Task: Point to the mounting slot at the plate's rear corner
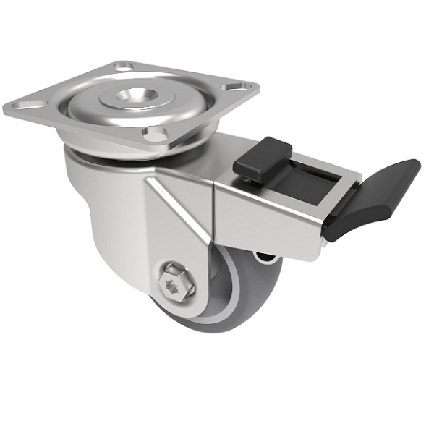point(124,66)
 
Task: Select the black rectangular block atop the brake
point(263,155)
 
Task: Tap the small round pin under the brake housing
point(262,256)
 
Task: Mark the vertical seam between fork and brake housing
point(215,210)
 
